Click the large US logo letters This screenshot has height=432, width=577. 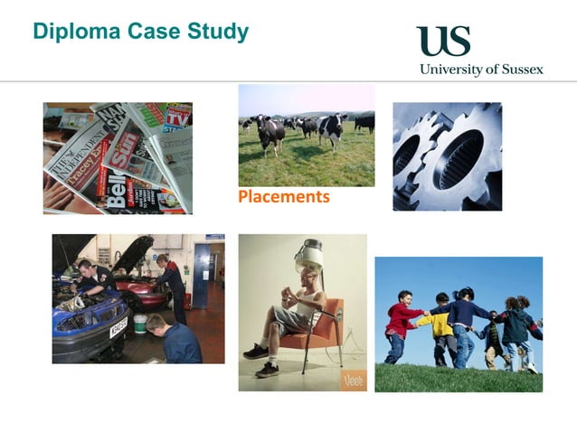[443, 42]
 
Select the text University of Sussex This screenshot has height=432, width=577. [480, 70]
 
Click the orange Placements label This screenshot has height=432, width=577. [283, 196]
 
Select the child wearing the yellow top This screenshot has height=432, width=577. [441, 325]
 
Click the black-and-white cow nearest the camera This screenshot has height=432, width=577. [269, 133]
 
